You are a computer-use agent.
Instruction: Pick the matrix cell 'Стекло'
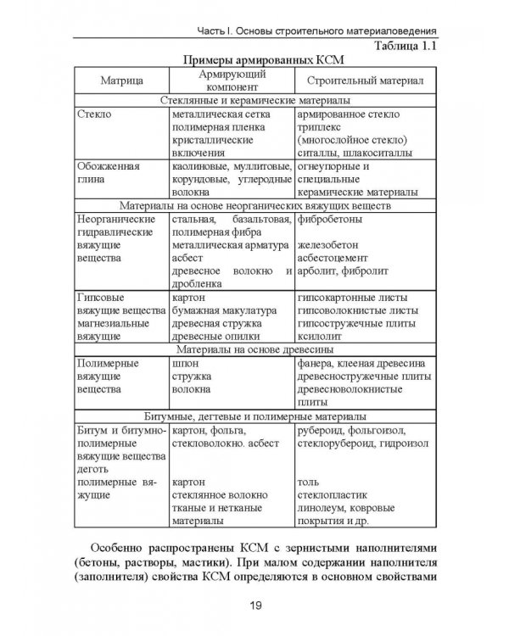tap(94, 113)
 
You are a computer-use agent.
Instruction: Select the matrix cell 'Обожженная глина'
tap(108, 174)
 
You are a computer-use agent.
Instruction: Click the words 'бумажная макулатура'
tap(224, 310)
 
